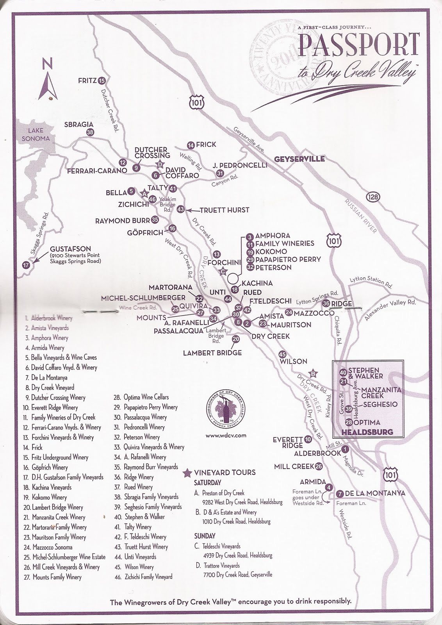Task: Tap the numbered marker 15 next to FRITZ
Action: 102,81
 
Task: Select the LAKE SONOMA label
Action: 36,134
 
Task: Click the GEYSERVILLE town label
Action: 299,159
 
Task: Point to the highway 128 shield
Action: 374,197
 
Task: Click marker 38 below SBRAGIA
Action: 90,132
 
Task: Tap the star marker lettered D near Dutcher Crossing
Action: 159,164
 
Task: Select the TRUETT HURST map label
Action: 224,210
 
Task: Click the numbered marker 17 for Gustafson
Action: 26,265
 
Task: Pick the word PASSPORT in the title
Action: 359,46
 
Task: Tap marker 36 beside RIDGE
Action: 326,304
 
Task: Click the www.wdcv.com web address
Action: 225,435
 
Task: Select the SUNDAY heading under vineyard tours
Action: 205,536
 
